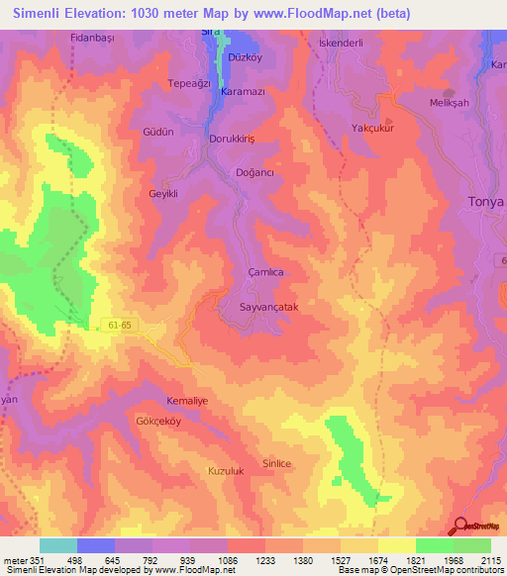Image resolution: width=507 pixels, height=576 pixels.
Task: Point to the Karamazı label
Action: (x=243, y=91)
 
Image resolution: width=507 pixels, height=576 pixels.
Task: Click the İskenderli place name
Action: (x=340, y=45)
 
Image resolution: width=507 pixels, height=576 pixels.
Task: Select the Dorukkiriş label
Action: (x=233, y=139)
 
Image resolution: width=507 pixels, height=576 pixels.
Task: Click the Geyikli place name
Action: (x=162, y=194)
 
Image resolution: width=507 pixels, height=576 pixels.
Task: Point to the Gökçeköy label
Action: (x=157, y=421)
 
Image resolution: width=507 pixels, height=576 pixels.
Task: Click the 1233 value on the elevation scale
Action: (x=265, y=559)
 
